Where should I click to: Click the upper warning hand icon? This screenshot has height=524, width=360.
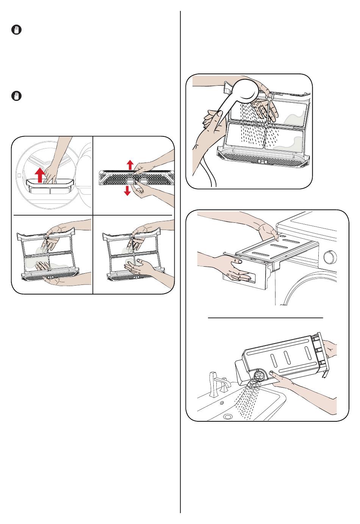point(16,30)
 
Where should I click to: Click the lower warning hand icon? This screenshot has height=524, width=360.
point(16,96)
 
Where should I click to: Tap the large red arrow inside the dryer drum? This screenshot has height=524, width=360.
point(39,175)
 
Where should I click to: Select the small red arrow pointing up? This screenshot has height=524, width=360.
point(130,164)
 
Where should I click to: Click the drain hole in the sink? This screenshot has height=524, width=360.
point(227,417)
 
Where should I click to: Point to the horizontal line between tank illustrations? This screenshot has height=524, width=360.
point(265,318)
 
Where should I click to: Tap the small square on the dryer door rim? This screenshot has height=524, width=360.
point(19,175)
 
